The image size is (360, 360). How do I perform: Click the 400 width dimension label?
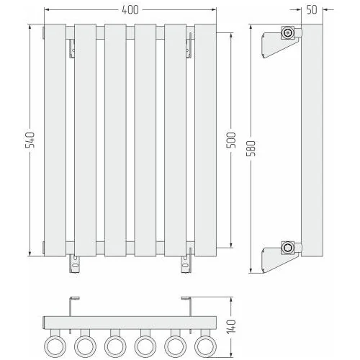(x=130, y=10)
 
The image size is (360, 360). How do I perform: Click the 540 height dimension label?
(x=30, y=140)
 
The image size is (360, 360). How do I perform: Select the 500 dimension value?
(x=231, y=140)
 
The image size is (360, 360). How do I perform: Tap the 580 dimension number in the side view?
(x=251, y=148)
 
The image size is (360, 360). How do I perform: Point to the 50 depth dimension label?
(x=312, y=10)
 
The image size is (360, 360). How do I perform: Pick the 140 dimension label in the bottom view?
(x=231, y=327)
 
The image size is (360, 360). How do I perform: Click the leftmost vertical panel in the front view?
(x=55, y=140)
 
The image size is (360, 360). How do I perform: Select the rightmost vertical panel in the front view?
(x=205, y=140)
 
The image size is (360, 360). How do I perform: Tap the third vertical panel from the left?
(x=115, y=140)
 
